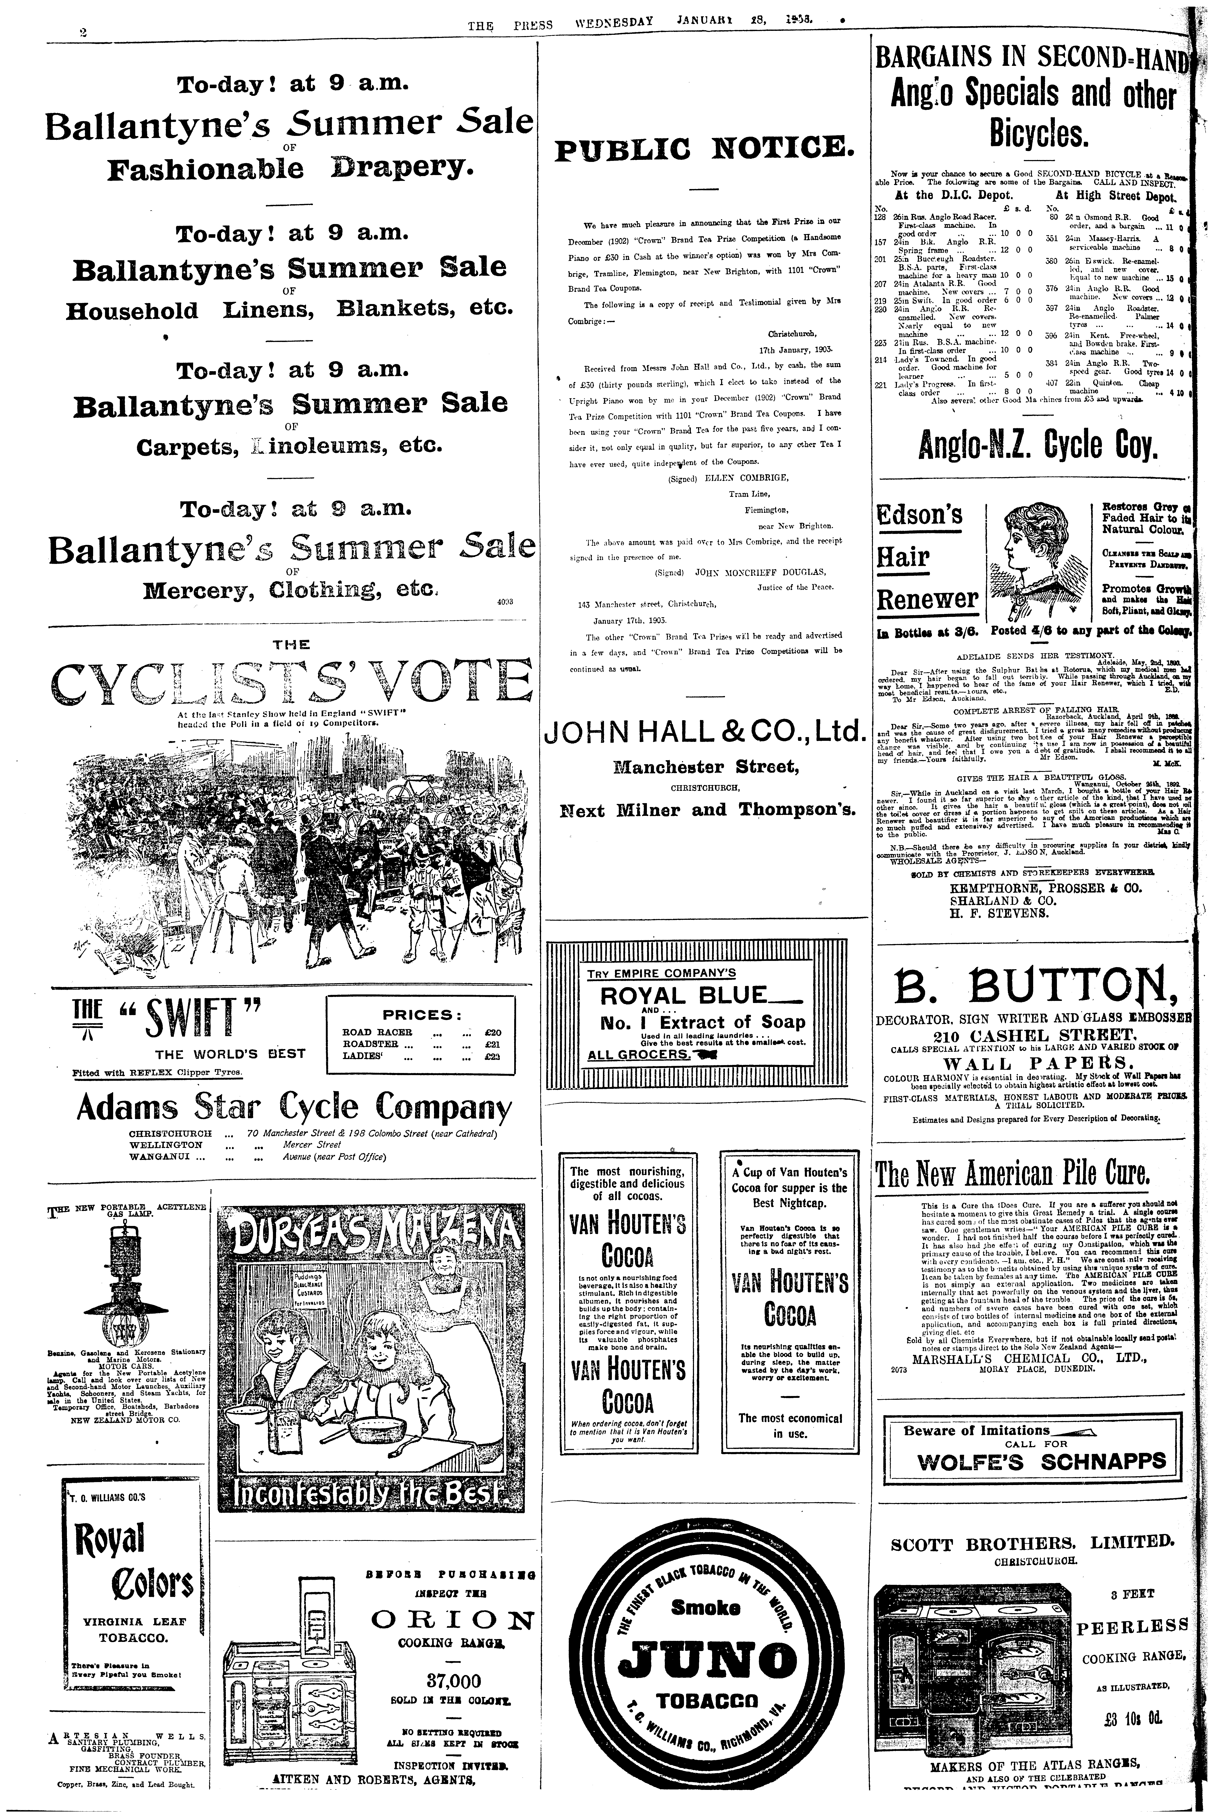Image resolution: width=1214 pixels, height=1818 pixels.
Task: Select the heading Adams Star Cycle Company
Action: pyautogui.click(x=294, y=1109)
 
